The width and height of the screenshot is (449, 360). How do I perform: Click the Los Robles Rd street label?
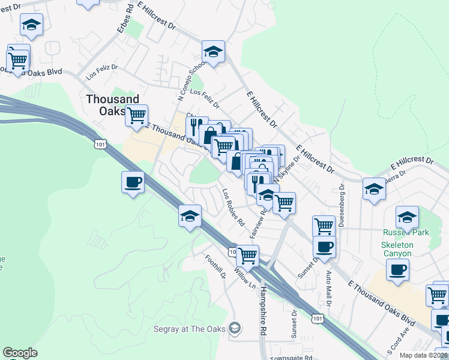coord(234,208)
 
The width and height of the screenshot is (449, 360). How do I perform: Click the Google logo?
coord(20,353)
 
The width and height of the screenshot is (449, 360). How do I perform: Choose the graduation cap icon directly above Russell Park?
coord(407,216)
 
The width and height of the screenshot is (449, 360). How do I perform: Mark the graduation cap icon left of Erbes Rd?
coord(31,25)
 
